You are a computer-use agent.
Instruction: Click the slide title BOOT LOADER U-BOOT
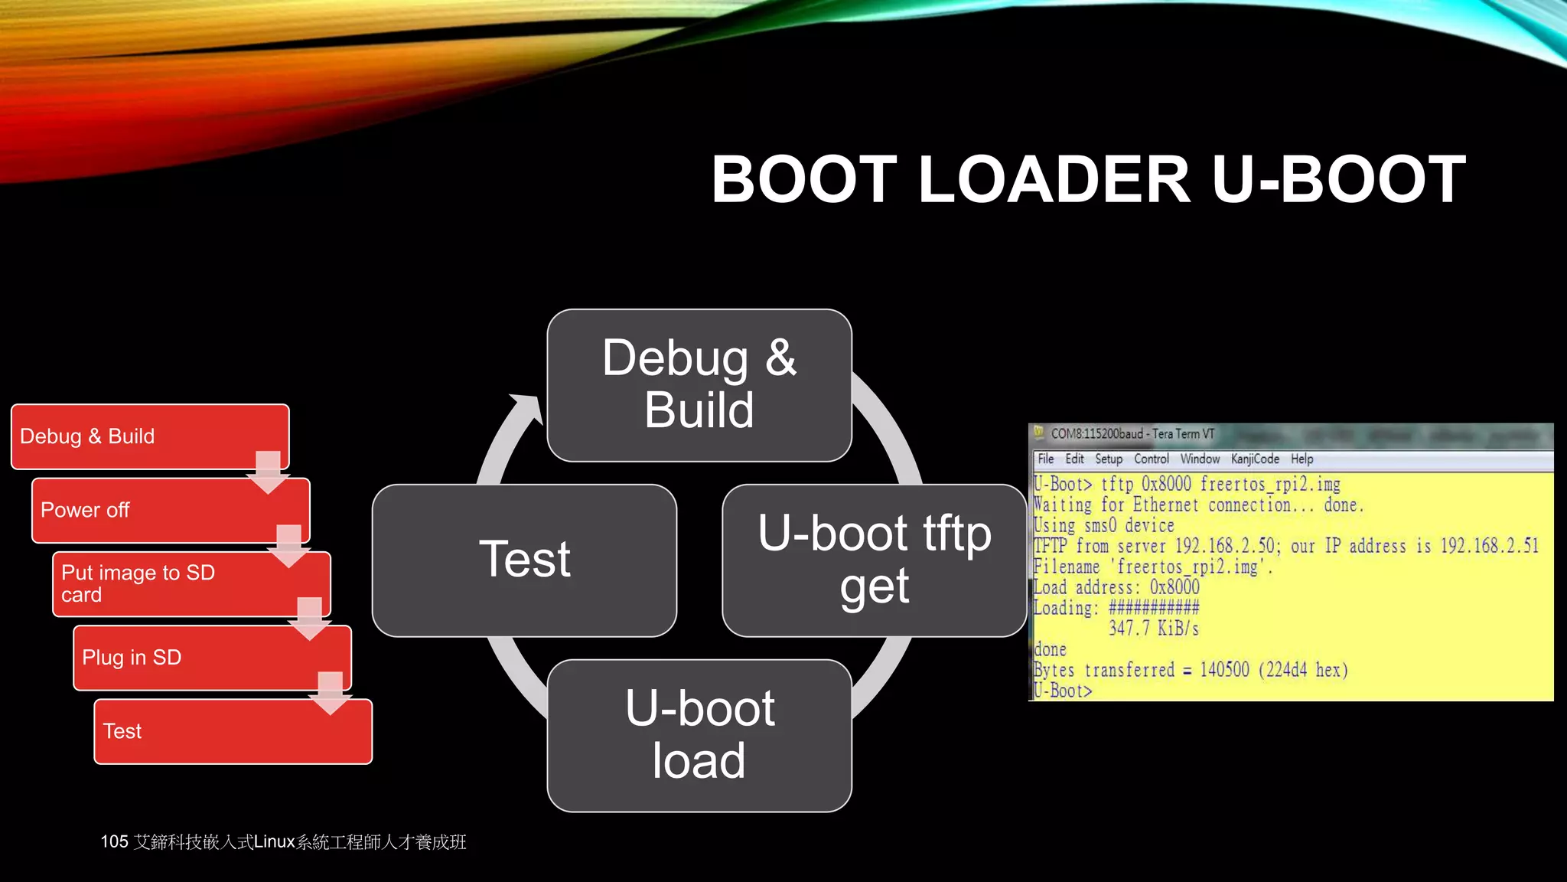click(x=1088, y=180)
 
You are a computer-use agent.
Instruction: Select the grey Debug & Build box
click(x=699, y=384)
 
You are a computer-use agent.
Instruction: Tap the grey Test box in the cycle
click(x=524, y=560)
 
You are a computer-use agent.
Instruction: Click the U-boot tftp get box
click(x=874, y=560)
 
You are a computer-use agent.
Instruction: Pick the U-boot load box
click(x=699, y=735)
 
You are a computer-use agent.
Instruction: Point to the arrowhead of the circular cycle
click(x=528, y=406)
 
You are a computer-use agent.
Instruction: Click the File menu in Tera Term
click(x=1045, y=459)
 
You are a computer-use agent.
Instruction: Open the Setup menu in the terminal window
click(x=1108, y=459)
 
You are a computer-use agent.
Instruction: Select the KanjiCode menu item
click(x=1254, y=459)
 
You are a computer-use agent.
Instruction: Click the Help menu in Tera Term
click(x=1301, y=459)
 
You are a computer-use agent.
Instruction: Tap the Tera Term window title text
click(x=1132, y=434)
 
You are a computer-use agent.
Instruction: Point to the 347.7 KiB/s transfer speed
click(x=1153, y=629)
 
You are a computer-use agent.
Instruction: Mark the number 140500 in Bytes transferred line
click(x=1223, y=670)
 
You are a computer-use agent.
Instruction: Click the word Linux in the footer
click(x=274, y=842)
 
